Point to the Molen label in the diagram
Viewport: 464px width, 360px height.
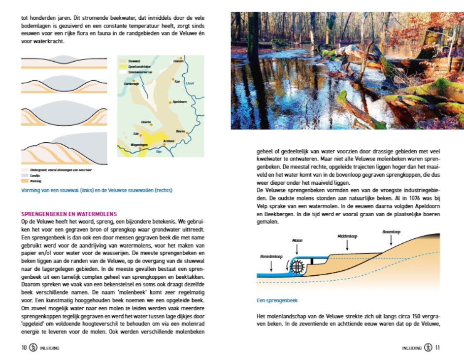pos(297,240)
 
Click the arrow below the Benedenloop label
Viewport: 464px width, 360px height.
pos(271,265)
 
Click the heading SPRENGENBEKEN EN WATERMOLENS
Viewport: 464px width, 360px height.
pos(69,214)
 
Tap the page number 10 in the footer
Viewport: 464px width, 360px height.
pos(24,347)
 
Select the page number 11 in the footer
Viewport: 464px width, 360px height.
pos(437,347)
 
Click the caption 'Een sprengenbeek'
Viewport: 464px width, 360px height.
pos(277,300)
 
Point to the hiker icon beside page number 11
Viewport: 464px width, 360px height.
pos(428,347)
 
